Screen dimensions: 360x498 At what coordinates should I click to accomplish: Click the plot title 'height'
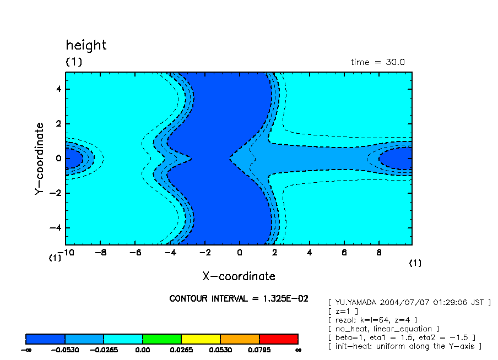click(x=86, y=45)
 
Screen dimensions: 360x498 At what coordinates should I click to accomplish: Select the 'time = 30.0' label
click(x=377, y=62)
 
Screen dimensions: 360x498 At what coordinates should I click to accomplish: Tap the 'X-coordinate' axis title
click(x=239, y=276)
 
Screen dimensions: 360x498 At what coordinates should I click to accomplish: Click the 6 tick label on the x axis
click(x=344, y=253)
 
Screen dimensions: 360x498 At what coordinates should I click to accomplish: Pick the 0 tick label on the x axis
click(x=239, y=253)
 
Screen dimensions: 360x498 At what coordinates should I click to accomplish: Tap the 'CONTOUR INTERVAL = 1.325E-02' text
click(x=239, y=298)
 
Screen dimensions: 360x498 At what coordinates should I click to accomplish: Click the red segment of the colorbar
click(x=278, y=339)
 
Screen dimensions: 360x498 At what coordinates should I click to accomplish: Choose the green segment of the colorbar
click(x=162, y=339)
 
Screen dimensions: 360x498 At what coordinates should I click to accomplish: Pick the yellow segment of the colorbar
click(x=201, y=339)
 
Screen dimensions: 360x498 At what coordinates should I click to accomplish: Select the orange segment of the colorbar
click(x=240, y=339)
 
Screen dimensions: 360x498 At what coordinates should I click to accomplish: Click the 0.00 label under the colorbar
click(x=143, y=350)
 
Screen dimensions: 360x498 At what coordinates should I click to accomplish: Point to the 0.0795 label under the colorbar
click(x=259, y=350)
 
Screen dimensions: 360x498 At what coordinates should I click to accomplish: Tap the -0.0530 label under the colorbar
click(x=65, y=350)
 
